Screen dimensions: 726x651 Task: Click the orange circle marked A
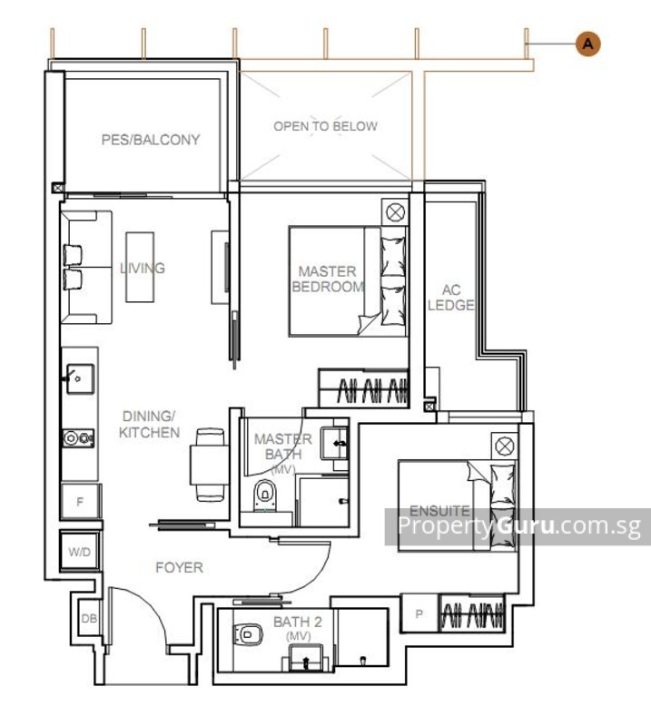(x=588, y=43)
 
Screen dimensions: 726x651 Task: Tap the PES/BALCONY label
(x=150, y=140)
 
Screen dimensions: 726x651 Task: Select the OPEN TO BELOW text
(x=325, y=126)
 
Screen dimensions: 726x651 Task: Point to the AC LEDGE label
(x=451, y=298)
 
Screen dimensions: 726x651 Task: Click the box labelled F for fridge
(x=79, y=501)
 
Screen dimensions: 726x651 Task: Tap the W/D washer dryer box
(x=78, y=551)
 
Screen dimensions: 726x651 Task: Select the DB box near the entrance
(x=89, y=619)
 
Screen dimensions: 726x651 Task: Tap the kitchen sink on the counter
(x=78, y=373)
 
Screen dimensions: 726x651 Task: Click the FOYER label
(x=179, y=568)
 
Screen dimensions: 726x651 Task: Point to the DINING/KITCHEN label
(x=149, y=424)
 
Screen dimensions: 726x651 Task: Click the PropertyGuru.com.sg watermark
(x=518, y=526)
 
